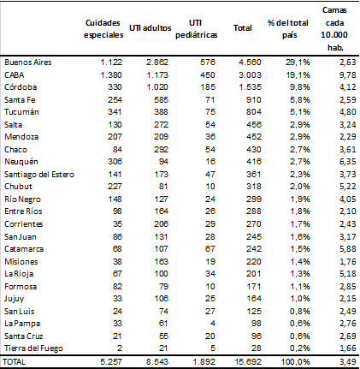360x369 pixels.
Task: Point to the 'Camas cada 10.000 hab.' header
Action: [334, 27]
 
